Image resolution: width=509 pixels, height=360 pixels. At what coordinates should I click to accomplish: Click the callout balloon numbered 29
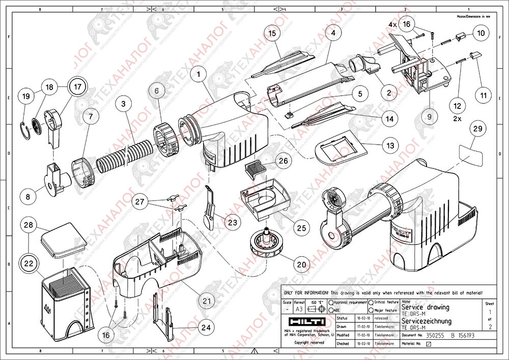[x=477, y=129]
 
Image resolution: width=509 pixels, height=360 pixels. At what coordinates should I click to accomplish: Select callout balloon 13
[x=390, y=146]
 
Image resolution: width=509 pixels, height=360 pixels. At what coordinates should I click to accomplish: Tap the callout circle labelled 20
[x=302, y=264]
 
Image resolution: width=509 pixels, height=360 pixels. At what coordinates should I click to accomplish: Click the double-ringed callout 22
[x=29, y=263]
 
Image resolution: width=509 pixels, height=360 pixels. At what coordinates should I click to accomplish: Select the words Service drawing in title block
[x=425, y=307]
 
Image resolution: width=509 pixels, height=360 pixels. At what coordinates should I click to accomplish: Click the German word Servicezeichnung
[x=426, y=321]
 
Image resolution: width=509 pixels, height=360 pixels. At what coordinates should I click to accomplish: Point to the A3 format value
[x=299, y=309]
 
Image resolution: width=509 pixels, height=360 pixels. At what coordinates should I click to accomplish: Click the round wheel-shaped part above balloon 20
[x=267, y=242]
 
